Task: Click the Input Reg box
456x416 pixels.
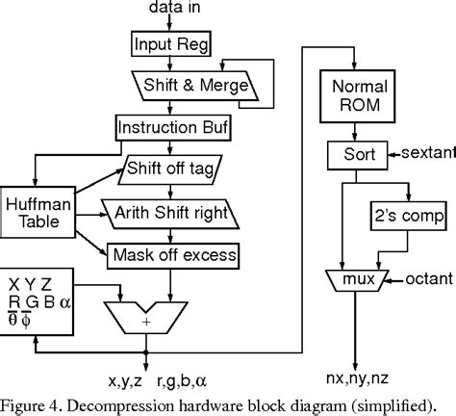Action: coord(167,43)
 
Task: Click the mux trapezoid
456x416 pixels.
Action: coord(356,279)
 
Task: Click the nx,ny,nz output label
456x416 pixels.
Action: coord(355,366)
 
